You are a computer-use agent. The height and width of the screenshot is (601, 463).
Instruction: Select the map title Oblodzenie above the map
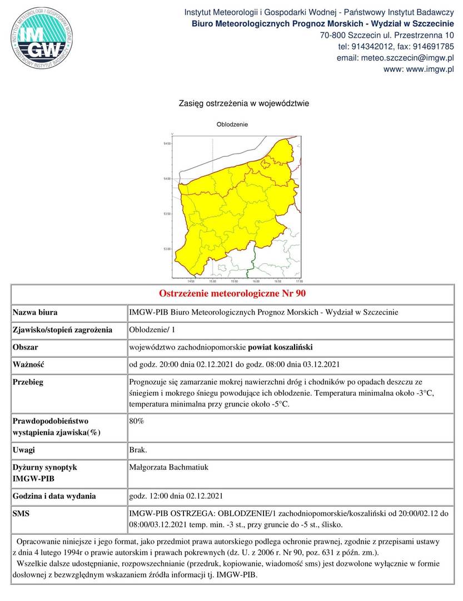[x=232, y=124]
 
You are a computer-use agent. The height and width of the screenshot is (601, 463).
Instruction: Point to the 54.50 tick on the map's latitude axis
[x=167, y=144]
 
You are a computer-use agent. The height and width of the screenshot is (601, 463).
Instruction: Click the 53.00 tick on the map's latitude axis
[x=167, y=249]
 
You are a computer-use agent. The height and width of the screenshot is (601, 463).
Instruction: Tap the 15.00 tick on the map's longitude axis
[x=212, y=281]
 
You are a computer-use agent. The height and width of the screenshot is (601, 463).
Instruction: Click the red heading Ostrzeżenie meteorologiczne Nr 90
[x=232, y=293]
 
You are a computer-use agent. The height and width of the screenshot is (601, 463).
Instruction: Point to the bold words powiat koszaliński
[x=280, y=347]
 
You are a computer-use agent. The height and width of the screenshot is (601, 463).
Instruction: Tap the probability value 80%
[x=137, y=421]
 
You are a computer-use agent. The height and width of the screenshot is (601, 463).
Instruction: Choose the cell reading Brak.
[x=138, y=450]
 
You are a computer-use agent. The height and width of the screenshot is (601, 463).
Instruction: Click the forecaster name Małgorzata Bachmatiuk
[x=168, y=467]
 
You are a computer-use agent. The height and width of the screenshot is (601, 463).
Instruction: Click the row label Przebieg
[x=28, y=382]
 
